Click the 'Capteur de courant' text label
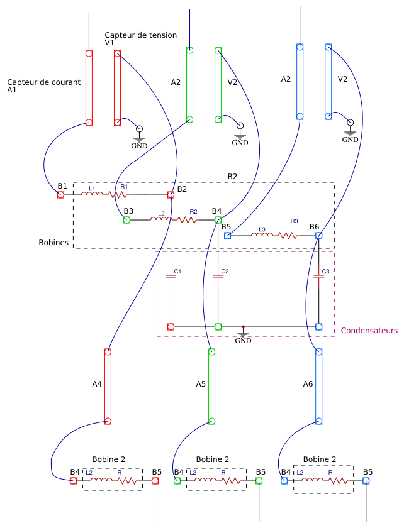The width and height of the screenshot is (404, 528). click(x=43, y=82)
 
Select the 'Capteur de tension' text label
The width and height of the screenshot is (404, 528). click(x=140, y=35)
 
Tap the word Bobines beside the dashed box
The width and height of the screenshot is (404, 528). click(x=53, y=242)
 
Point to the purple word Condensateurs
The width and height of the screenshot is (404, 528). click(x=369, y=331)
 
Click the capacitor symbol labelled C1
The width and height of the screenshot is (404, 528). click(x=171, y=277)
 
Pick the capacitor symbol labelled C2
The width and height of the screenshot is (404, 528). click(x=218, y=277)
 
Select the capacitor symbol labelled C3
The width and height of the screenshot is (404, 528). click(x=318, y=277)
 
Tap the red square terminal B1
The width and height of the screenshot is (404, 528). click(x=61, y=195)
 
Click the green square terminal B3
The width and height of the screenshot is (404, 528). click(x=126, y=220)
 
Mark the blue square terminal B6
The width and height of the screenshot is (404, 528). click(x=318, y=236)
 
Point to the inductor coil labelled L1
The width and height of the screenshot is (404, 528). click(x=92, y=195)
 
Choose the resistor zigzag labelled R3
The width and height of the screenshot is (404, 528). click(x=288, y=236)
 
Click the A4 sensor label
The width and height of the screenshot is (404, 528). click(x=97, y=383)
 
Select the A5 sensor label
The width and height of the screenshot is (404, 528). click(x=201, y=383)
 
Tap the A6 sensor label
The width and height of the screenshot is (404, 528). click(x=308, y=383)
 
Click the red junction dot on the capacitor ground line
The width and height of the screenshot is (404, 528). click(x=243, y=327)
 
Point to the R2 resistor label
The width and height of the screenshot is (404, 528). click(x=193, y=212)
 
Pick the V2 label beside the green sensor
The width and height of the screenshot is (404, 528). click(x=232, y=82)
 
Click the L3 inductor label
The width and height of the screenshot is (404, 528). click(x=262, y=229)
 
